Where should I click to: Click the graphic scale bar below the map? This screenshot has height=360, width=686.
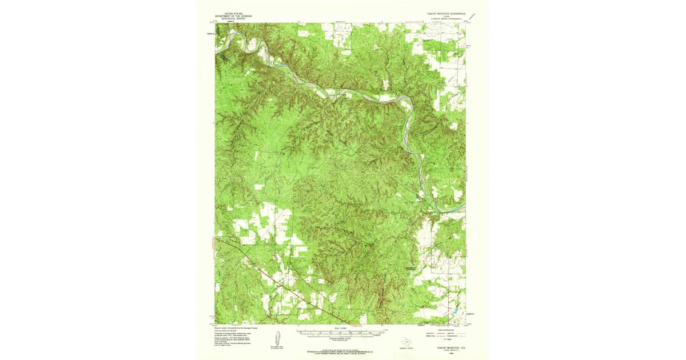pyautogui.click(x=342, y=331)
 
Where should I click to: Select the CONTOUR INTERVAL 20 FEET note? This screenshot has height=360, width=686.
pyautogui.click(x=342, y=337)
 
